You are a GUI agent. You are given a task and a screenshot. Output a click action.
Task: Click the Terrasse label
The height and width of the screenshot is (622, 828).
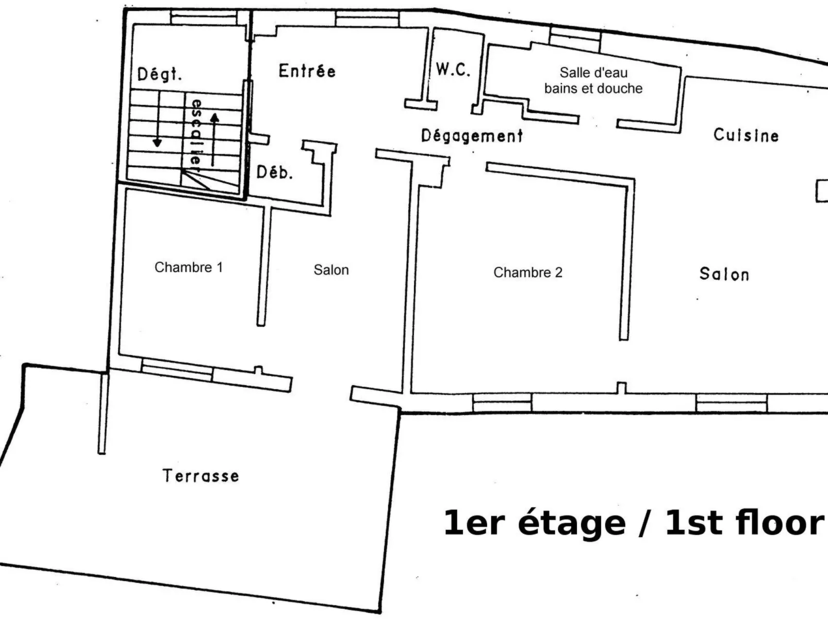(201, 476)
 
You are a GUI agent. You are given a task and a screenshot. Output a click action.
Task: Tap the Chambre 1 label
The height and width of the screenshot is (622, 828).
(189, 267)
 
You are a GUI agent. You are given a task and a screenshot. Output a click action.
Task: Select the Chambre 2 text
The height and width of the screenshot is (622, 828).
(528, 273)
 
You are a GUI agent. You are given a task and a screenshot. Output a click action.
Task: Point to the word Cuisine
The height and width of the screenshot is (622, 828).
(746, 135)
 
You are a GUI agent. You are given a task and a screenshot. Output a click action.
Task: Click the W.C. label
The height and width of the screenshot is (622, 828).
(453, 70)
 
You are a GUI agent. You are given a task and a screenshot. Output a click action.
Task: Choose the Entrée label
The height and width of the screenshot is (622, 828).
(307, 71)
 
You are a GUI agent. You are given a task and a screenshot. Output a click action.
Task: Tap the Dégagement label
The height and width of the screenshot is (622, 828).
(472, 136)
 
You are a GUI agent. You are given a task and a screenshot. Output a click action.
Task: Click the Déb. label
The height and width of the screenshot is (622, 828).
(275, 172)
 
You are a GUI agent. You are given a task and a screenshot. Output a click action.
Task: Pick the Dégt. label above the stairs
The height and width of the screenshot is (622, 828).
(159, 74)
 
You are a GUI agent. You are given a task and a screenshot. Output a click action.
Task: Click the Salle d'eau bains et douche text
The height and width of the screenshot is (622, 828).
(593, 80)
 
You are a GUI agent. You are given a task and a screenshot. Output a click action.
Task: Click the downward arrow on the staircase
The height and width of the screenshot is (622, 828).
(158, 119)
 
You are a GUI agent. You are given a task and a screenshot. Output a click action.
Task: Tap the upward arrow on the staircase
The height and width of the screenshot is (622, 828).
(214, 140)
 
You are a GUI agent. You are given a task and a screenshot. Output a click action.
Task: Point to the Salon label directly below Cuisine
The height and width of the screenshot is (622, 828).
(724, 274)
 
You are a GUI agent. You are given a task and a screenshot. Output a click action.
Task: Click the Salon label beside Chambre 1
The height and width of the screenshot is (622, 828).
(331, 270)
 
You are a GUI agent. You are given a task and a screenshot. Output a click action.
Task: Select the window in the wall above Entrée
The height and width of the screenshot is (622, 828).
(367, 19)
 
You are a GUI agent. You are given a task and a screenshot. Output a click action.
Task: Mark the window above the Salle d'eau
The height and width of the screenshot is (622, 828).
(575, 39)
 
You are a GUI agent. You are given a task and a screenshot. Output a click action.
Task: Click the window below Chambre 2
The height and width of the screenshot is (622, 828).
(502, 402)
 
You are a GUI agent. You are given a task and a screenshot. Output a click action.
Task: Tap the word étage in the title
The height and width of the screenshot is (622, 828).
(572, 524)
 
